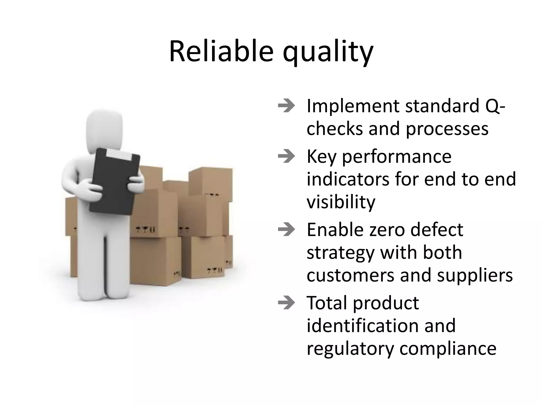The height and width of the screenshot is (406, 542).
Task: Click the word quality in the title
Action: point(328,53)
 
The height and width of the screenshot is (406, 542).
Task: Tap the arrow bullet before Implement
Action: point(286,106)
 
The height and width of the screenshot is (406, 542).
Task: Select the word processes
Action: point(447,130)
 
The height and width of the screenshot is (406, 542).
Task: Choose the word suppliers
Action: point(475,275)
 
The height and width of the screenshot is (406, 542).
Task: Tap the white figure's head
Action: point(105,132)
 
